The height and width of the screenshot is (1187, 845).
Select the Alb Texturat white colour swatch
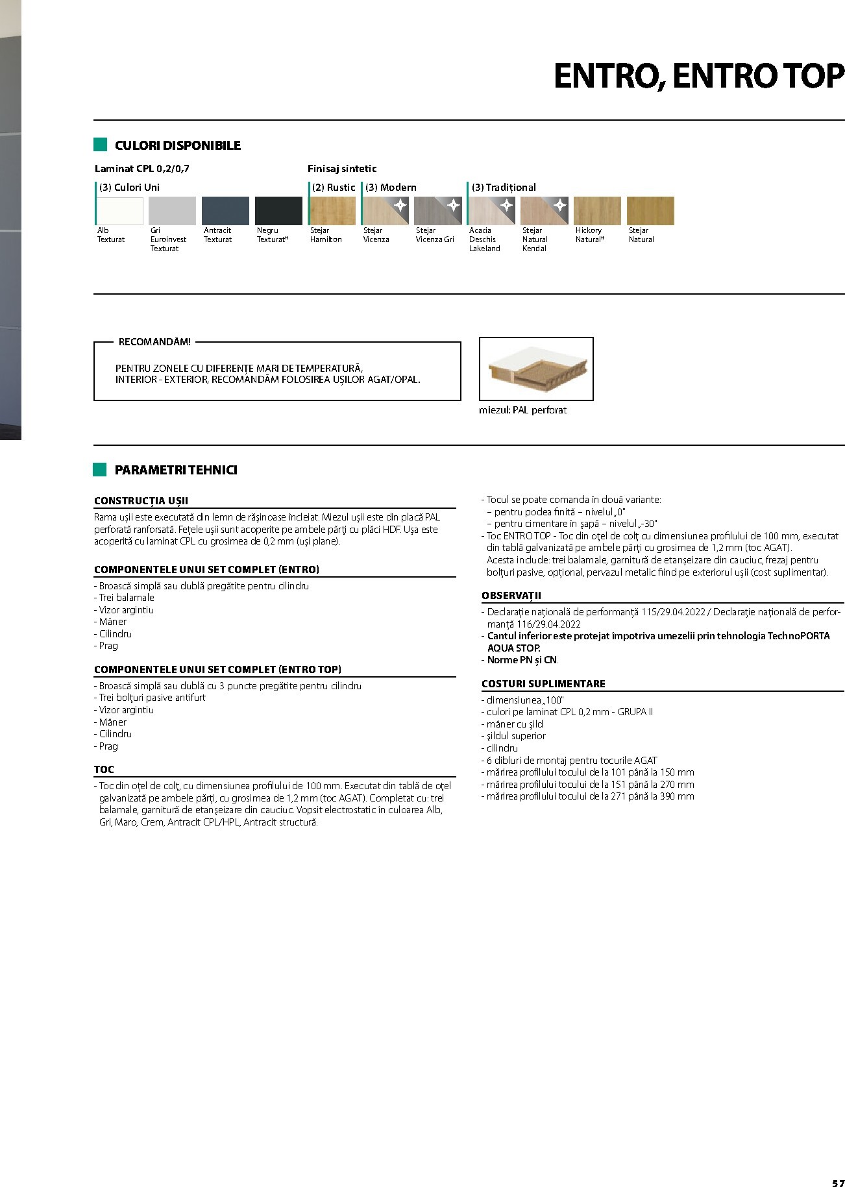tap(119, 211)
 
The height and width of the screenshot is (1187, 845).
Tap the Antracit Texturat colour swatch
tap(225, 211)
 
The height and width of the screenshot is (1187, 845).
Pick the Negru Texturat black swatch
tap(278, 211)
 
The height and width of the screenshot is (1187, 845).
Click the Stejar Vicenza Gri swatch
tap(438, 211)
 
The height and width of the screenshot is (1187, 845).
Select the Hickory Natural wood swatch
tap(597, 211)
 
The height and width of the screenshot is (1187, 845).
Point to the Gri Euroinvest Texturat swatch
tap(172, 211)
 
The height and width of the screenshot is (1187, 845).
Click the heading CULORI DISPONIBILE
tap(177, 145)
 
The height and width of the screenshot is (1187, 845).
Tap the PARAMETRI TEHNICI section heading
tap(175, 470)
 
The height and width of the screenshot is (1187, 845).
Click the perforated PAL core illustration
tap(536, 369)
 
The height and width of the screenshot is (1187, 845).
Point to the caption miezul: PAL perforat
tap(522, 410)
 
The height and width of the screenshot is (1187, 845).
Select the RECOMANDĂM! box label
tap(154, 341)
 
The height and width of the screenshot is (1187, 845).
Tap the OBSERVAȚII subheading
tap(511, 596)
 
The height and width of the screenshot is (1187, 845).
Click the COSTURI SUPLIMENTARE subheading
tap(543, 683)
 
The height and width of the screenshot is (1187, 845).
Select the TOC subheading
tap(104, 770)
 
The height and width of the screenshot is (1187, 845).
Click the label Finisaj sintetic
tap(342, 169)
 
